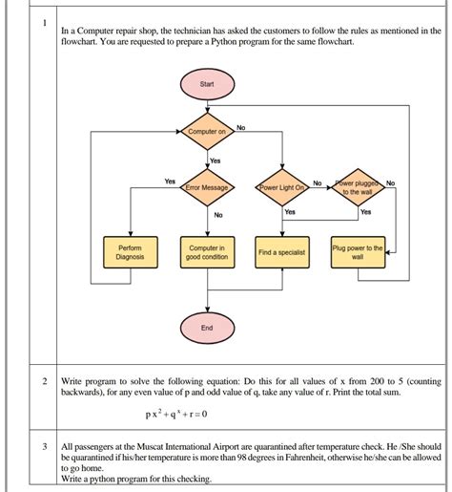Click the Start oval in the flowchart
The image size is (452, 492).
[x=207, y=85]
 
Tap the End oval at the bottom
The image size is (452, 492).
[x=207, y=327]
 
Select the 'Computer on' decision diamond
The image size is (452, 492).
[x=207, y=131]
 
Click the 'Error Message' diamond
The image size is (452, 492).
[x=207, y=187]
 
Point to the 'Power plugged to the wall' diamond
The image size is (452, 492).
[x=358, y=187]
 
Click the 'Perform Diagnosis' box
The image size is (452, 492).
[x=130, y=252]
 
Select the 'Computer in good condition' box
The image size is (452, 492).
[x=207, y=252]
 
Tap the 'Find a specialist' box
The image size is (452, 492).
[x=281, y=252]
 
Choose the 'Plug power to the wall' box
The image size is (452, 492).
[x=358, y=252]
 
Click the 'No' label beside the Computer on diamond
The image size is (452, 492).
[x=240, y=127]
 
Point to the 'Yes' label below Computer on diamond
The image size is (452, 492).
[x=215, y=160]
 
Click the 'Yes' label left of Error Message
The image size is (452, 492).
[x=170, y=182]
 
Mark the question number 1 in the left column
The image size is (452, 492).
[x=44, y=25]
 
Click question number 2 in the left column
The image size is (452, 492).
[x=44, y=381]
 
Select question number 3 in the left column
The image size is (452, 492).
[x=44, y=419]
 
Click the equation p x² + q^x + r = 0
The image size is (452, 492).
[x=176, y=414]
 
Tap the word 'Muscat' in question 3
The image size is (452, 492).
[x=157, y=419]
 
